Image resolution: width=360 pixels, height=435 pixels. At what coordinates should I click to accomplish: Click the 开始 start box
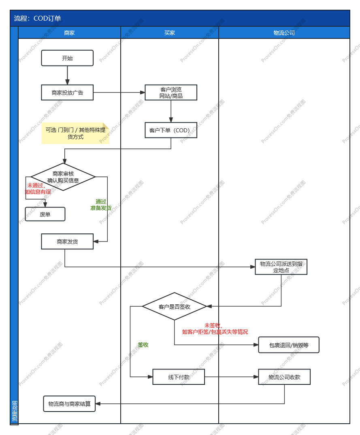coord(67,58)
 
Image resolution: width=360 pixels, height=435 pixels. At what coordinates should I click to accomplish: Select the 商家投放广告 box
coord(67,93)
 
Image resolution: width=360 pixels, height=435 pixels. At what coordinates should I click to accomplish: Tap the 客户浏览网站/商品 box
coord(171,93)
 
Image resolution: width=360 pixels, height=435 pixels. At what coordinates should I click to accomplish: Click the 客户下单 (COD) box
coord(171,130)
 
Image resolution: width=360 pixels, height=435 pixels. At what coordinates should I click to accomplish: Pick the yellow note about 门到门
coord(75,134)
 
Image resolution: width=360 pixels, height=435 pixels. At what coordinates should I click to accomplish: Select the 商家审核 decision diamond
coord(63,177)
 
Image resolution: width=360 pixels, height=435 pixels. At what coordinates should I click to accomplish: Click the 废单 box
coord(45,214)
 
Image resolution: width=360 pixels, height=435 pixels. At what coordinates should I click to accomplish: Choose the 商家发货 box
coord(67,242)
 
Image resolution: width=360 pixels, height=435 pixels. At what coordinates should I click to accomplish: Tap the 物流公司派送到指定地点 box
coord(281,267)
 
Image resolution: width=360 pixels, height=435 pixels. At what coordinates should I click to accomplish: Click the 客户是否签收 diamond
coord(174,306)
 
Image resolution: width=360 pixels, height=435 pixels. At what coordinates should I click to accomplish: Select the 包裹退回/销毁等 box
coord(289,345)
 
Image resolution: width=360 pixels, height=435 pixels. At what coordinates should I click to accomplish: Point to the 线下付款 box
coord(179,377)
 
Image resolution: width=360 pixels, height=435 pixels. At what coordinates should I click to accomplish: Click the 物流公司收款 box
coord(284,377)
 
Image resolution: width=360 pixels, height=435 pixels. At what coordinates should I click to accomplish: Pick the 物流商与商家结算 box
coord(69,403)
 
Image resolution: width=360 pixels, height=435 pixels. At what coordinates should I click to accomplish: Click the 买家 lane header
coord(170,33)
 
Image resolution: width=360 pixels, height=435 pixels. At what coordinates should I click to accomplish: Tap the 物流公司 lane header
coord(284,33)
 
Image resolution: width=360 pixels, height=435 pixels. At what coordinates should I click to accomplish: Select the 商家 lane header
coord(69,33)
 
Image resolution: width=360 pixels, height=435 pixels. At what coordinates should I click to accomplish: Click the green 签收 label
coord(143,345)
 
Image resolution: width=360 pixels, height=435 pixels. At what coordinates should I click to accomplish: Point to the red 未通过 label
coord(38,189)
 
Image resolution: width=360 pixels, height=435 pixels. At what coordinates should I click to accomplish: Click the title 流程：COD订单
coord(38,18)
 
